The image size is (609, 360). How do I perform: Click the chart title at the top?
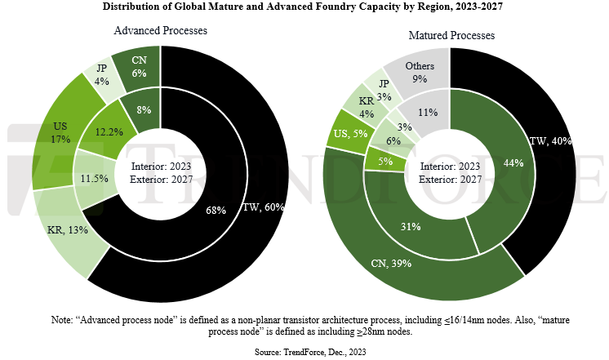(x=304, y=7)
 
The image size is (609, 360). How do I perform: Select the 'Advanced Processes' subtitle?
(x=161, y=30)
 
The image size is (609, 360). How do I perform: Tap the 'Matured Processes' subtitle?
(x=451, y=36)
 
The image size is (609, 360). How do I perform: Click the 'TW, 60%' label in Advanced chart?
(x=263, y=207)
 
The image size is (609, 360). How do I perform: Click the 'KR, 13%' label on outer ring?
(x=66, y=229)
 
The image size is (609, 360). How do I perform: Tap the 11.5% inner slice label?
(x=92, y=177)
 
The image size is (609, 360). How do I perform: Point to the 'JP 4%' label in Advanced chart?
(x=102, y=74)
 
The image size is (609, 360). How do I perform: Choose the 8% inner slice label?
(x=143, y=109)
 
